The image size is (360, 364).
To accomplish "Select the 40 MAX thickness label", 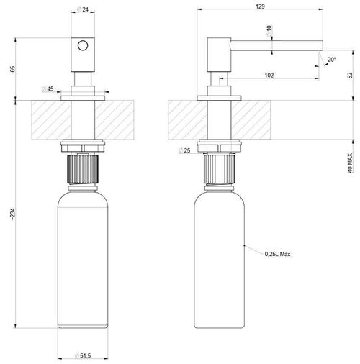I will pos(349,182).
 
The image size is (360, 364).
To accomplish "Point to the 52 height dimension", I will pos(349,74).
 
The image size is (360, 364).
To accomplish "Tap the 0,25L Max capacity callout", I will pos(278,254).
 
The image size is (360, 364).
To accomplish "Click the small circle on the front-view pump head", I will pos(84,45).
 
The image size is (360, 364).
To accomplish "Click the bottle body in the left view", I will pos(84,266).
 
